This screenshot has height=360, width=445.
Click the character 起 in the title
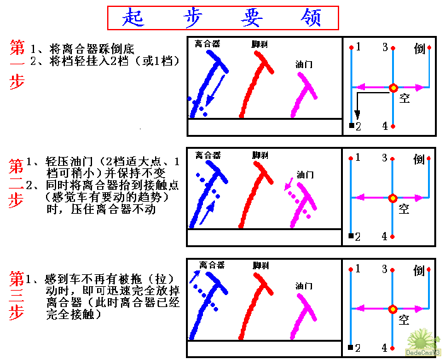(133, 17)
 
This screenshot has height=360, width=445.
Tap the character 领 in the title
(311, 17)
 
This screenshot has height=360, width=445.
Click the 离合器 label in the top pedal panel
(207, 44)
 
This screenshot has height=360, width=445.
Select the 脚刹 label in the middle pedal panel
(260, 155)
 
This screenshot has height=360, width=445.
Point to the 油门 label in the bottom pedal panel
(304, 286)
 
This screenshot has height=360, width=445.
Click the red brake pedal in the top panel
(254, 85)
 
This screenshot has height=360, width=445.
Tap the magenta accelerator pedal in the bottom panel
(303, 316)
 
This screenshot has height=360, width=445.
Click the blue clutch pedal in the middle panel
(209, 193)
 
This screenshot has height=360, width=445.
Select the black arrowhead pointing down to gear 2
(357, 114)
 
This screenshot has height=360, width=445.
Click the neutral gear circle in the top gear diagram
(393, 88)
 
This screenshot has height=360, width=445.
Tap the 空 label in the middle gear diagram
(404, 209)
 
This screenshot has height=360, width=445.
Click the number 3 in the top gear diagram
(385, 47)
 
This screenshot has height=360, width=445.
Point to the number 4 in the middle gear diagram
(384, 236)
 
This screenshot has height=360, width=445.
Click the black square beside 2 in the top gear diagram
(352, 125)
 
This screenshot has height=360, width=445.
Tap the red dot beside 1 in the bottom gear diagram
(351, 269)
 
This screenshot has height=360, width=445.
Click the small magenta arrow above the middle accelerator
(289, 183)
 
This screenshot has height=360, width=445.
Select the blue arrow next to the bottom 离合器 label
(195, 277)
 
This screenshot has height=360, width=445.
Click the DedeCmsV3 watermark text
(423, 352)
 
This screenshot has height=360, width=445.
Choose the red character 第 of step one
(17, 47)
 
